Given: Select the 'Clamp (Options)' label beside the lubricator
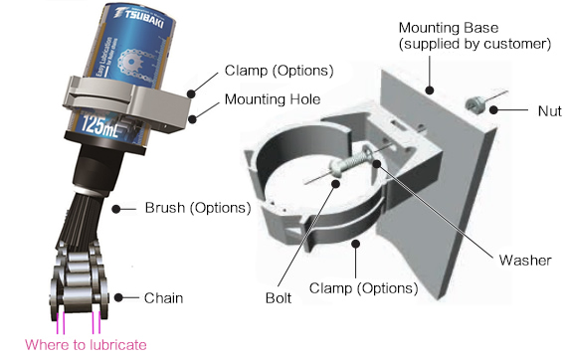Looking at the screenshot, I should click(x=275, y=71).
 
